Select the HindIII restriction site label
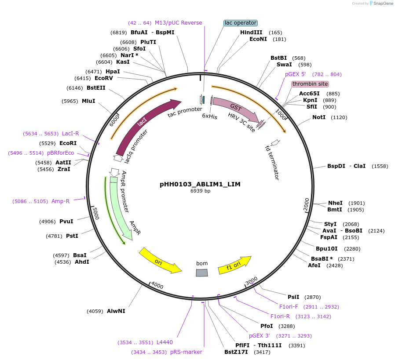pyautogui.click(x=251, y=33)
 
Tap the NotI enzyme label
pyautogui.click(x=319, y=117)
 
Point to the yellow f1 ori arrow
pyautogui.click(x=234, y=265)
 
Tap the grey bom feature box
pyautogui.click(x=202, y=273)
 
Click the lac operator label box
pyautogui.click(x=240, y=23)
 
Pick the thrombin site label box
pyautogui.click(x=310, y=84)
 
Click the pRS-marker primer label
pyautogui.click(x=186, y=352)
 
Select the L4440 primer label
pyautogui.click(x=165, y=342)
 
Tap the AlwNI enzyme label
pyautogui.click(x=116, y=311)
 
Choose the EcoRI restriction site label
pyautogui.click(x=68, y=143)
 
